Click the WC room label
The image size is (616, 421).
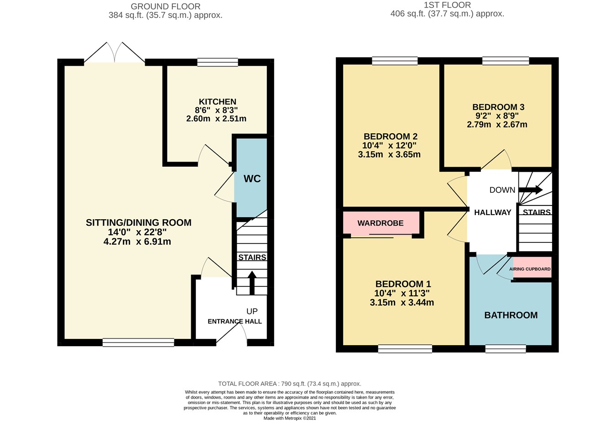(x=252, y=179)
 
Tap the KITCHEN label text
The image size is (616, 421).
(x=217, y=102)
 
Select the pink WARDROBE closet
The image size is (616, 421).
(x=381, y=223)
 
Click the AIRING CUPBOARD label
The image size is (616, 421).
(x=530, y=269)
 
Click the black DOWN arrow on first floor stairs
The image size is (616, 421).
(x=530, y=189)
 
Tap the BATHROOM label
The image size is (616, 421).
(x=511, y=315)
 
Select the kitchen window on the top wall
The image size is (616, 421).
(x=218, y=63)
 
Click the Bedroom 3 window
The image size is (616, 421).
(x=506, y=61)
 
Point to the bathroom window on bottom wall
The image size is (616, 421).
(x=505, y=349)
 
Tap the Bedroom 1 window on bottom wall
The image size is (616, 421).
(x=405, y=349)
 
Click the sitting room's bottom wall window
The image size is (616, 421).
(x=138, y=342)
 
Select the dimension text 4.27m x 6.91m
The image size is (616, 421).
(x=137, y=242)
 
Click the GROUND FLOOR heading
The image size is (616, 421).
(x=165, y=6)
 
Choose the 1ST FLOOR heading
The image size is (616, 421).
(x=447, y=5)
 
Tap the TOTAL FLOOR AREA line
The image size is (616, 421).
(x=289, y=384)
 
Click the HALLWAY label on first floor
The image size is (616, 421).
(x=492, y=212)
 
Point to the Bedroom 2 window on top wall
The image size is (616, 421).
(x=395, y=61)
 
